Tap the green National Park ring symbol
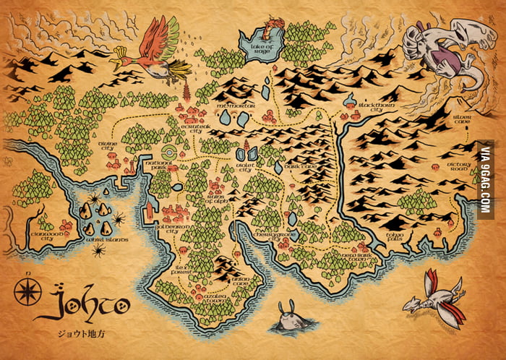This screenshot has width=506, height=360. click(169, 153)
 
